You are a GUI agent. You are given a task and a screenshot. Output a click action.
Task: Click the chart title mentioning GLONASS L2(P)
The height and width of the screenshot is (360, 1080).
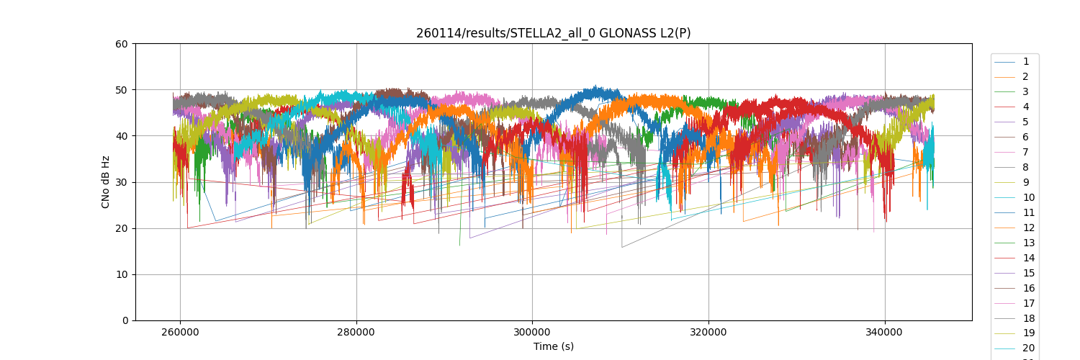(x=553, y=33)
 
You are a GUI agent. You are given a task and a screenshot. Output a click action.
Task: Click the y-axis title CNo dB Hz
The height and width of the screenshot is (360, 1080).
(x=106, y=182)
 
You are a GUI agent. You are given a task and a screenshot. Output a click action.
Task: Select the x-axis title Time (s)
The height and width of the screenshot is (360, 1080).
(x=553, y=346)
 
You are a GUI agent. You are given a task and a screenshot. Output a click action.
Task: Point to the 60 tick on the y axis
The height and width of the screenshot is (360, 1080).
(x=122, y=44)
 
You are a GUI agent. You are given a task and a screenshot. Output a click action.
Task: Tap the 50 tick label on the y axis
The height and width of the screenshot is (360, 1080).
(x=122, y=90)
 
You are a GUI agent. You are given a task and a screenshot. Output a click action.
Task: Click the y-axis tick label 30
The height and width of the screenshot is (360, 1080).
(x=122, y=182)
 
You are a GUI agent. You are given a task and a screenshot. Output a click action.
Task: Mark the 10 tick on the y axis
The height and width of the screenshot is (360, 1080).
(x=122, y=274)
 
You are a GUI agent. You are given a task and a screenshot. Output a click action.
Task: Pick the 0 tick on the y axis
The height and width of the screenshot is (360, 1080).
(x=125, y=320)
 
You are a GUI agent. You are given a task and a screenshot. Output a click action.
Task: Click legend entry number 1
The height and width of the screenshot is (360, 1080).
(x=1025, y=62)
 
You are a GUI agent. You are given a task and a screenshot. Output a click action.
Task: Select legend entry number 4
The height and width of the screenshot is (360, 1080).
(x=1025, y=107)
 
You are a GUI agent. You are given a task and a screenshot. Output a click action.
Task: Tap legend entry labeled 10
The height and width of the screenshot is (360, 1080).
(x=1028, y=198)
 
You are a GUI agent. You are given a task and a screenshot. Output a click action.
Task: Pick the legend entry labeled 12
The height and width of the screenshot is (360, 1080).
(x=1028, y=228)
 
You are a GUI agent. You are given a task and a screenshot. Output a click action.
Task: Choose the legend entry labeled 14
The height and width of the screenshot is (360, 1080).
(x=1028, y=258)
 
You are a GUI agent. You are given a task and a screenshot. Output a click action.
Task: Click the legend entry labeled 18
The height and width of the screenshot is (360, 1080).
(x=1028, y=319)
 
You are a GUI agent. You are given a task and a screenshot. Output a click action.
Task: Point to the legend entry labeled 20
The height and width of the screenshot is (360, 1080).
(x=1028, y=348)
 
